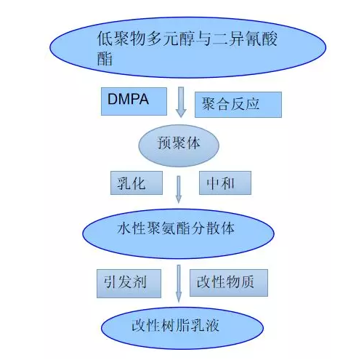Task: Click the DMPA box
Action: click(x=134, y=101)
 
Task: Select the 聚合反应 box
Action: click(x=238, y=105)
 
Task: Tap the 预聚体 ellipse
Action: click(x=179, y=145)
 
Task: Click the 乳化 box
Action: click(x=137, y=183)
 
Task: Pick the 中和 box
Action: click(x=225, y=183)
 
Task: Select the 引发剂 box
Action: click(x=129, y=284)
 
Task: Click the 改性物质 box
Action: click(x=229, y=283)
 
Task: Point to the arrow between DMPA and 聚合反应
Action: click(x=181, y=103)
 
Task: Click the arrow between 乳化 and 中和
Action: click(x=179, y=190)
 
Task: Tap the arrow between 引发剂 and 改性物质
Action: click(x=179, y=284)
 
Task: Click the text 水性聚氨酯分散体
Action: click(x=176, y=228)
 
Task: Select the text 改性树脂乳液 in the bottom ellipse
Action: click(x=175, y=325)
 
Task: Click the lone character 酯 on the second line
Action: click(x=105, y=58)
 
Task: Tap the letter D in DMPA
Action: click(x=113, y=99)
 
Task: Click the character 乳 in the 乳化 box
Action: click(x=124, y=183)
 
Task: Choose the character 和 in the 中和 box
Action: click(x=227, y=183)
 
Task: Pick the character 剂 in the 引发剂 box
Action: click(x=139, y=281)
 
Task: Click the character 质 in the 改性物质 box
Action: click(x=247, y=281)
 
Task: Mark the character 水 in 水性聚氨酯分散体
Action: click(x=124, y=228)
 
